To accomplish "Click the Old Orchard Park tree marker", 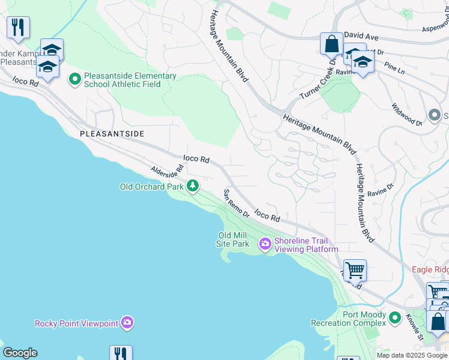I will click(x=193, y=186).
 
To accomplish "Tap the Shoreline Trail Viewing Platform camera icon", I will click(x=265, y=244).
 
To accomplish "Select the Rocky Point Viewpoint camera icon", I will click(x=127, y=323).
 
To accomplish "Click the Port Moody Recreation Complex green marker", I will click(x=394, y=317).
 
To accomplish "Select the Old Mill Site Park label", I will click(x=233, y=239).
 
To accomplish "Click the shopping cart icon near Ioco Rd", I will click(x=355, y=271).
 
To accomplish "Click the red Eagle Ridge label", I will click(x=430, y=270).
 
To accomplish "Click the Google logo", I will click(x=20, y=353).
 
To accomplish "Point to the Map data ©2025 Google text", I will click(x=411, y=355).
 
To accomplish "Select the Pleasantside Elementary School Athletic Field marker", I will click(x=75, y=79).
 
